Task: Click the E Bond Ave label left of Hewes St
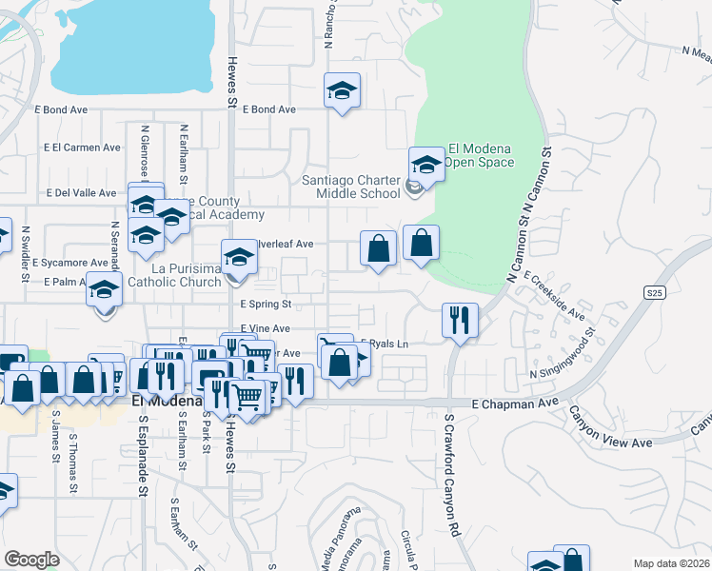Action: (66, 110)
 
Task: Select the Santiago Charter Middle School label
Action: (350, 187)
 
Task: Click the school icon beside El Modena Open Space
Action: (426, 164)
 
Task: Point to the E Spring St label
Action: (265, 305)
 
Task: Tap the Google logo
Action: (31, 560)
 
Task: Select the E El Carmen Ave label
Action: (83, 148)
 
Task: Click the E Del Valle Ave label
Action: (80, 192)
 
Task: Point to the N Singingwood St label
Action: (563, 355)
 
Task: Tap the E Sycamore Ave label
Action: (69, 263)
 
